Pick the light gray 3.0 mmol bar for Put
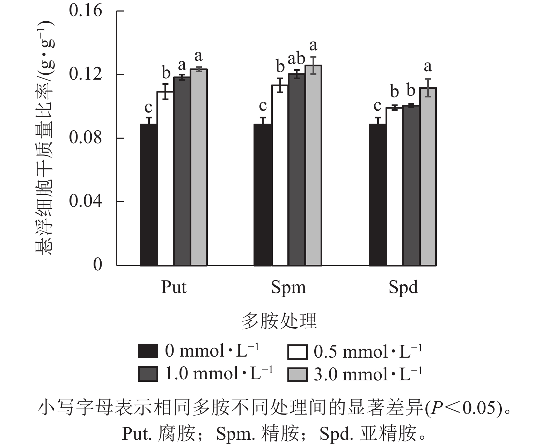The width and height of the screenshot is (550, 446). pos(199,167)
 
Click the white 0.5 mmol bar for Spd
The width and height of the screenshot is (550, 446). pos(394,187)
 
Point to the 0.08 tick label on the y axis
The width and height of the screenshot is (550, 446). pos(86,138)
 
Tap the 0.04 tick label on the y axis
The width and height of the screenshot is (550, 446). pos(86,201)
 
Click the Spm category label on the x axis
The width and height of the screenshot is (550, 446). pos(288,287)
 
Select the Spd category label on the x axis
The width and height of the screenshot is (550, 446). pos(403,287)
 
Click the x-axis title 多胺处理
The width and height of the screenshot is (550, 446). pos(279,321)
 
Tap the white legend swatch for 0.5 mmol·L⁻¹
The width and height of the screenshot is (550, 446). pos(298,352)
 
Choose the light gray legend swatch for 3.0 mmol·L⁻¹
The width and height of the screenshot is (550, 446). pos(298,375)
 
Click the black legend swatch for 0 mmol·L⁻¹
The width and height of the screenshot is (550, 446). pos(148,351)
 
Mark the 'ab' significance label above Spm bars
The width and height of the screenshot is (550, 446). pos(296,59)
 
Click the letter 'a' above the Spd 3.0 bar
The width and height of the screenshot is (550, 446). pos(427,66)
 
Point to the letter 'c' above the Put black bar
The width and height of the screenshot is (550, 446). pos(148,107)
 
